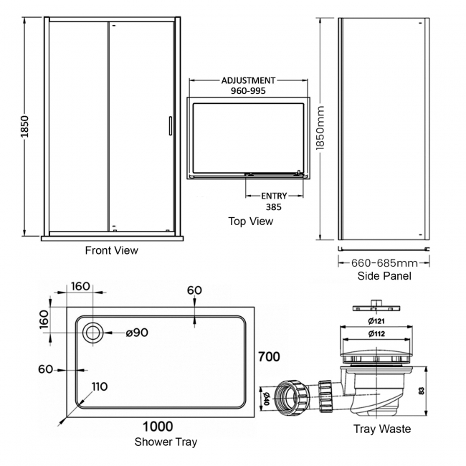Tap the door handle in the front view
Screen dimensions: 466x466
[x=169, y=125]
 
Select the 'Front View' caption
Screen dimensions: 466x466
[x=111, y=250]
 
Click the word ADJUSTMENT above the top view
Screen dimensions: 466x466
[x=248, y=82]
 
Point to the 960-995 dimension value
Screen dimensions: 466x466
[x=248, y=92]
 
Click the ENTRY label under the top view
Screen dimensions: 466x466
[x=273, y=196]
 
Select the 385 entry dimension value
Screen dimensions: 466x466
[x=273, y=206]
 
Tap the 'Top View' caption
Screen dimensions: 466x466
[x=250, y=221]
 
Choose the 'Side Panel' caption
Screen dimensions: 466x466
[x=384, y=275]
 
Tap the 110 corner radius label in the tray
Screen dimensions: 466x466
[x=99, y=386]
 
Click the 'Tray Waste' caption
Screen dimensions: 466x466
[x=382, y=429]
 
